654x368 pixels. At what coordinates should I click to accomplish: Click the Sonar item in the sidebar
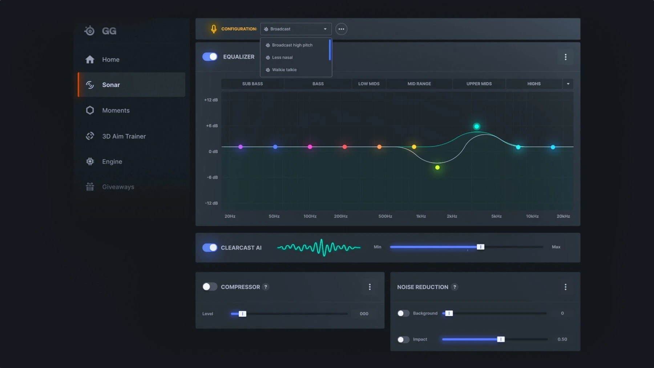point(111,85)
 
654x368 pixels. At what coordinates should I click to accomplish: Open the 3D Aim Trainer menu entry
point(124,136)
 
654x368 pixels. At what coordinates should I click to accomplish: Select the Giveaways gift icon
point(90,187)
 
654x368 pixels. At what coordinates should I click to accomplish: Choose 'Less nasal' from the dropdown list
point(282,57)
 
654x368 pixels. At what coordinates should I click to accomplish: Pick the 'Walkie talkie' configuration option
point(284,70)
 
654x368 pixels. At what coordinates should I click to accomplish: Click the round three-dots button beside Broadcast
point(341,29)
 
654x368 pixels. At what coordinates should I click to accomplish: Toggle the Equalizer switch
point(210,57)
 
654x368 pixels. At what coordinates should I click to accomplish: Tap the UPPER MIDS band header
point(479,84)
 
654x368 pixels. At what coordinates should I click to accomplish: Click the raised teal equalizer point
point(476,127)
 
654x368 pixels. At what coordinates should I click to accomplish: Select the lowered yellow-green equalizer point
point(437,168)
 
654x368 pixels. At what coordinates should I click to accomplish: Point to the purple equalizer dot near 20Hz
point(241,147)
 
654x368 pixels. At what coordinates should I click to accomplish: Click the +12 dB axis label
point(211,100)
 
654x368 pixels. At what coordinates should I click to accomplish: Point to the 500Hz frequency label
point(385,216)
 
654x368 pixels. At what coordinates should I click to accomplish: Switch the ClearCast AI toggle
point(210,248)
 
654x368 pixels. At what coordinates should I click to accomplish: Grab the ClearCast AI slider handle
point(480,247)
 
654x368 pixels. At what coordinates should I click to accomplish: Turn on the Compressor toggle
point(210,287)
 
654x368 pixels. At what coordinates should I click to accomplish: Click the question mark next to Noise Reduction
point(455,287)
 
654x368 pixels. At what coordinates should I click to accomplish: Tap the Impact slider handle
point(501,339)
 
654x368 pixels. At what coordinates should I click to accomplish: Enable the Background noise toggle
point(403,313)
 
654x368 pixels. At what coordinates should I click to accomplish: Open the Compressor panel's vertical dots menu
point(370,287)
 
